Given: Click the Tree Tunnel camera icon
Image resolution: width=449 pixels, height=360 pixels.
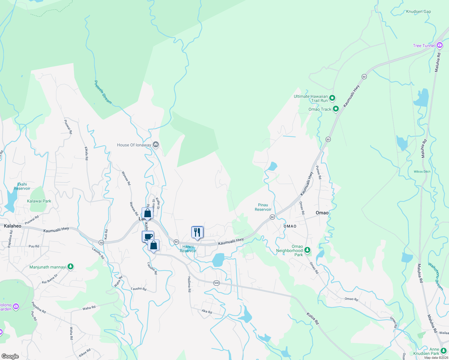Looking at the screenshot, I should click(x=440, y=45).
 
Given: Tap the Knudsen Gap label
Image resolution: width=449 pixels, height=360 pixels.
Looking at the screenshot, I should click(x=418, y=12).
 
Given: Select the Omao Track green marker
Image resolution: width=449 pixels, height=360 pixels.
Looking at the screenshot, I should click(x=336, y=109).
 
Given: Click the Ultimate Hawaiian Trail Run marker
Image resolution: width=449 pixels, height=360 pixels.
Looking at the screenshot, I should click(x=332, y=98).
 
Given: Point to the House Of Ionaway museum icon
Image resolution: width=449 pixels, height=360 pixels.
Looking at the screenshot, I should click(x=155, y=145).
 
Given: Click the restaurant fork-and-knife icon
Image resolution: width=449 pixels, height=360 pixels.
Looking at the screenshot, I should click(x=197, y=232).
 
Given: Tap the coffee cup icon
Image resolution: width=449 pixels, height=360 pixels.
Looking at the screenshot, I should click(x=148, y=236).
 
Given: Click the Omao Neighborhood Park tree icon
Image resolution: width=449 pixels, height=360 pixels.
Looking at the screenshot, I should click(x=307, y=250).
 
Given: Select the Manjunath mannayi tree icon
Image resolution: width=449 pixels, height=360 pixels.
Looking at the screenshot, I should click(x=71, y=266).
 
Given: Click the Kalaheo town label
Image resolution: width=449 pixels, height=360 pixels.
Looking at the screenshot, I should click(x=13, y=226).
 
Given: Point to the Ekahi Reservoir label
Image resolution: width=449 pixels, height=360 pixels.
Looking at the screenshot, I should click(x=22, y=186).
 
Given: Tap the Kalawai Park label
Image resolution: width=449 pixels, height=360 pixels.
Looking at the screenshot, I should click(x=39, y=201).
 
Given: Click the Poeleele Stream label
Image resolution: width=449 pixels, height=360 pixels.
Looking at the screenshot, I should click(x=103, y=92).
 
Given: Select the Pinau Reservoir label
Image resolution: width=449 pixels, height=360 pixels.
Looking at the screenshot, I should click(x=263, y=207).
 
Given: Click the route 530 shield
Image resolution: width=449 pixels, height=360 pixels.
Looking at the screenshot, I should click(x=216, y=283).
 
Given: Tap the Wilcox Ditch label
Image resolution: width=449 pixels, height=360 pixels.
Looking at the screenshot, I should click(x=422, y=172).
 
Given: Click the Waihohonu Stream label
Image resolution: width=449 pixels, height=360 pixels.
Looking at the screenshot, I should click(x=435, y=276).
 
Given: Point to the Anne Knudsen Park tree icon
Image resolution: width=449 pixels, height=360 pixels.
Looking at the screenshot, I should click(x=443, y=350).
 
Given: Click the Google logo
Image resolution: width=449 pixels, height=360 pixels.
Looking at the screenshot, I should click(x=10, y=356).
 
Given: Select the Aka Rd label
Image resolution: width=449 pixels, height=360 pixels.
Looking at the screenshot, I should click(x=207, y=311).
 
